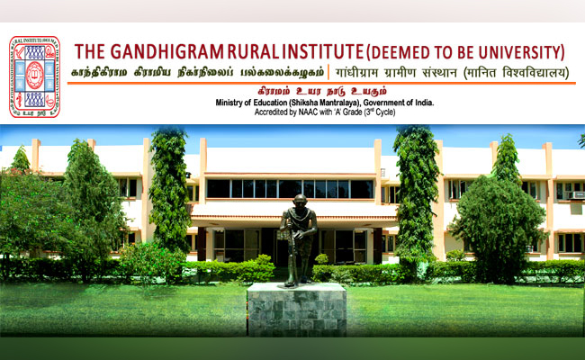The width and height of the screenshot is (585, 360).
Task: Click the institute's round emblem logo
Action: [x=34, y=76]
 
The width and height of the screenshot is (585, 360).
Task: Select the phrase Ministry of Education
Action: [x=257, y=103]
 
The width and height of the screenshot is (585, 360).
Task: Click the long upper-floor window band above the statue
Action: [x=288, y=189]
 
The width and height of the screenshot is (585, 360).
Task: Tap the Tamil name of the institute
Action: [x=195, y=72]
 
